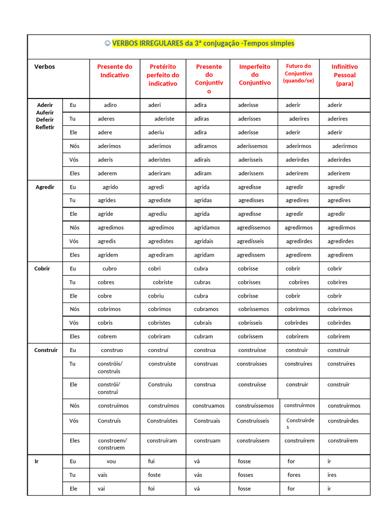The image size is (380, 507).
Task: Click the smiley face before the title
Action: click(107, 44)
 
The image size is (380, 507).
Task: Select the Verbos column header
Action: click(45, 67)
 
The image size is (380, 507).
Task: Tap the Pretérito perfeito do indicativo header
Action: click(163, 75)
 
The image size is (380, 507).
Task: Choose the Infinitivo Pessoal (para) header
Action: click(345, 75)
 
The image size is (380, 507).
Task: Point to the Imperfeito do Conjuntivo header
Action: click(255, 75)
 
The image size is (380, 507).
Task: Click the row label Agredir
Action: click(45, 187)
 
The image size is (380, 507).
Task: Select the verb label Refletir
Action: click(45, 127)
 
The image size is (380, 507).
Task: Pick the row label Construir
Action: click(46, 350)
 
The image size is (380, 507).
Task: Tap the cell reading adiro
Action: click(110, 105)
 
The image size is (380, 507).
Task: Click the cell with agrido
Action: click(110, 187)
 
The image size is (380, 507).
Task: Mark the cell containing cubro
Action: click(110, 269)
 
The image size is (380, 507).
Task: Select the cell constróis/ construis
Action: click(110, 367)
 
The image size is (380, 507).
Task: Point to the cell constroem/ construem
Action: click(112, 444)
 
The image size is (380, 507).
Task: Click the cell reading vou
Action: click(111, 461)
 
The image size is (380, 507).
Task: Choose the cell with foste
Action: click(154, 475)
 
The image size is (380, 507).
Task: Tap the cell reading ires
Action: click(332, 475)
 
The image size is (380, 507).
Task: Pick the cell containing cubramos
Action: click(206, 309)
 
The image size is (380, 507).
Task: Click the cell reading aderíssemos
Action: click(252, 146)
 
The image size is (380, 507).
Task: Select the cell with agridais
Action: click(204, 241)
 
